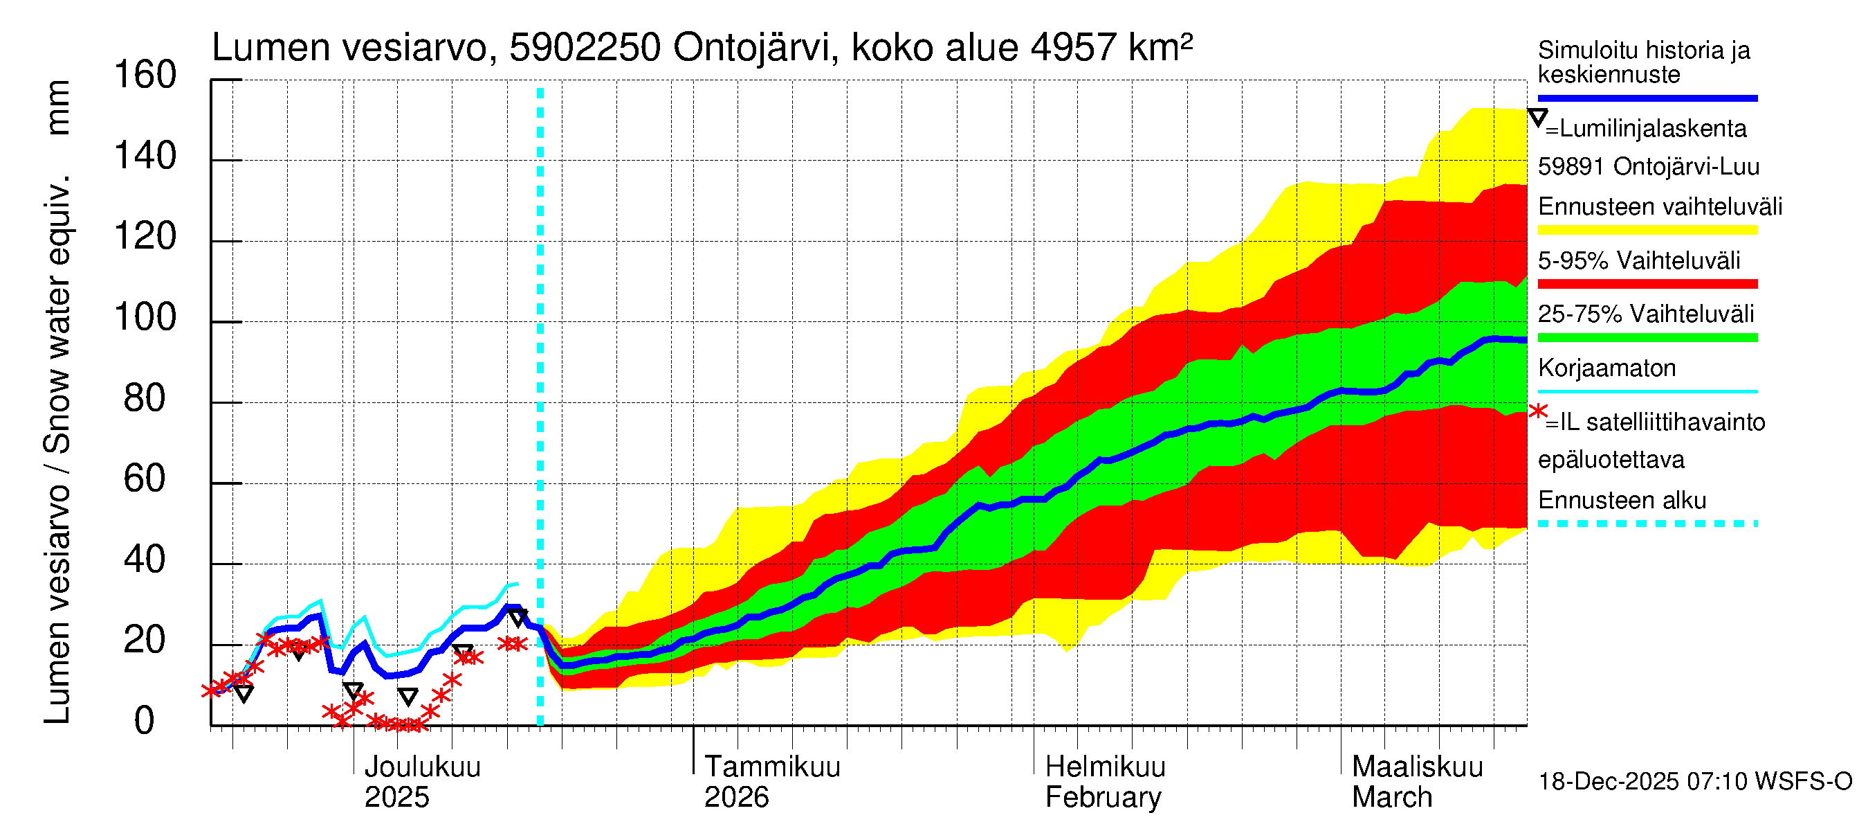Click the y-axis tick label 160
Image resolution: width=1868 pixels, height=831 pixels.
[145, 75]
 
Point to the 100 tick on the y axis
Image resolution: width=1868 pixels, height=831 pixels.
[145, 318]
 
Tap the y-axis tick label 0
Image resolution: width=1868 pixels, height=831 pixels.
[145, 722]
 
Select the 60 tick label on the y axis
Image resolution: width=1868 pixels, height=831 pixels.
[145, 480]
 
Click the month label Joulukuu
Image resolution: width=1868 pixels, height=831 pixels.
[422, 767]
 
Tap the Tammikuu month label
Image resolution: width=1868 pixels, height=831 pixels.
[772, 767]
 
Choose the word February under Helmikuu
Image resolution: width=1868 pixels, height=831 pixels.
[1102, 798]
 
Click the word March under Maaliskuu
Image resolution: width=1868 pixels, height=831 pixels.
[1391, 798]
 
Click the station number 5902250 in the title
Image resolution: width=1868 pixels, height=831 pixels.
[585, 48]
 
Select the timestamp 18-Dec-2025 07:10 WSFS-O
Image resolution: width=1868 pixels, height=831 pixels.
[1694, 783]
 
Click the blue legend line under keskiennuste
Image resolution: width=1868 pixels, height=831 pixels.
[1647, 98]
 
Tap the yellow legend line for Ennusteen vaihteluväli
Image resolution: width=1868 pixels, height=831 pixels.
[1647, 230]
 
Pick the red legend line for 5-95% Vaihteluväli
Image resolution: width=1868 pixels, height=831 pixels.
[1647, 284]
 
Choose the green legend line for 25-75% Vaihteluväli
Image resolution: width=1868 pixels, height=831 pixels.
[1647, 337]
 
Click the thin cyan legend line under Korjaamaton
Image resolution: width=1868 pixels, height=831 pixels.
[1647, 392]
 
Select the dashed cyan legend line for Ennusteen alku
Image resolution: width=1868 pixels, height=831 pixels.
[1647, 524]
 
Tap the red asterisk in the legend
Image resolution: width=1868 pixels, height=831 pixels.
[1537, 411]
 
